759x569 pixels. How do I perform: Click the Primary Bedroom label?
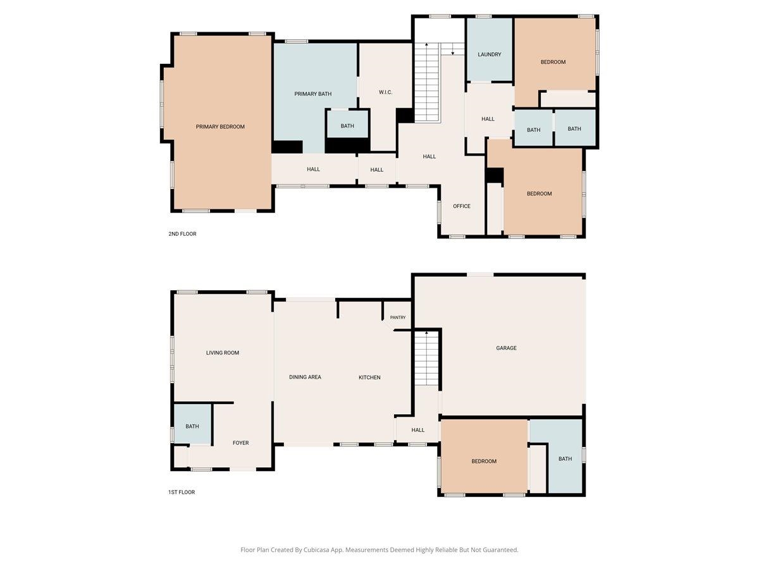(x=220, y=127)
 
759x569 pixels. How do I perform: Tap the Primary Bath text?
(x=313, y=94)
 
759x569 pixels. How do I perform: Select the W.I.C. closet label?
(x=386, y=92)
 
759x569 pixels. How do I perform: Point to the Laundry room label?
(x=490, y=54)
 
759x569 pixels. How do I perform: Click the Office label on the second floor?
(x=462, y=206)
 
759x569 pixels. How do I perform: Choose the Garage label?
(x=506, y=348)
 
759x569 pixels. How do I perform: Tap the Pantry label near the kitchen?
(x=398, y=317)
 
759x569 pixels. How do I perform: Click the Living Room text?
(x=223, y=353)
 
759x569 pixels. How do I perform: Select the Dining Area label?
(x=305, y=377)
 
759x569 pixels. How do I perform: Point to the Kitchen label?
(x=369, y=377)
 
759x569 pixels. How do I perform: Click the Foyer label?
(x=240, y=443)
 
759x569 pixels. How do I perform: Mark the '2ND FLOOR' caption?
(x=182, y=234)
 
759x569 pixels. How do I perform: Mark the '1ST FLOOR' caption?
(x=181, y=492)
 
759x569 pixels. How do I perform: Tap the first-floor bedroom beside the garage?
(x=484, y=462)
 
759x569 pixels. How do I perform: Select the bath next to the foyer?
(x=192, y=426)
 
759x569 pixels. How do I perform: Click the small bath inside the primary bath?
(x=347, y=126)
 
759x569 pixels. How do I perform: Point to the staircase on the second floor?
(x=427, y=82)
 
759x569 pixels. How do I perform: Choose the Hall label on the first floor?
(x=417, y=430)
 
